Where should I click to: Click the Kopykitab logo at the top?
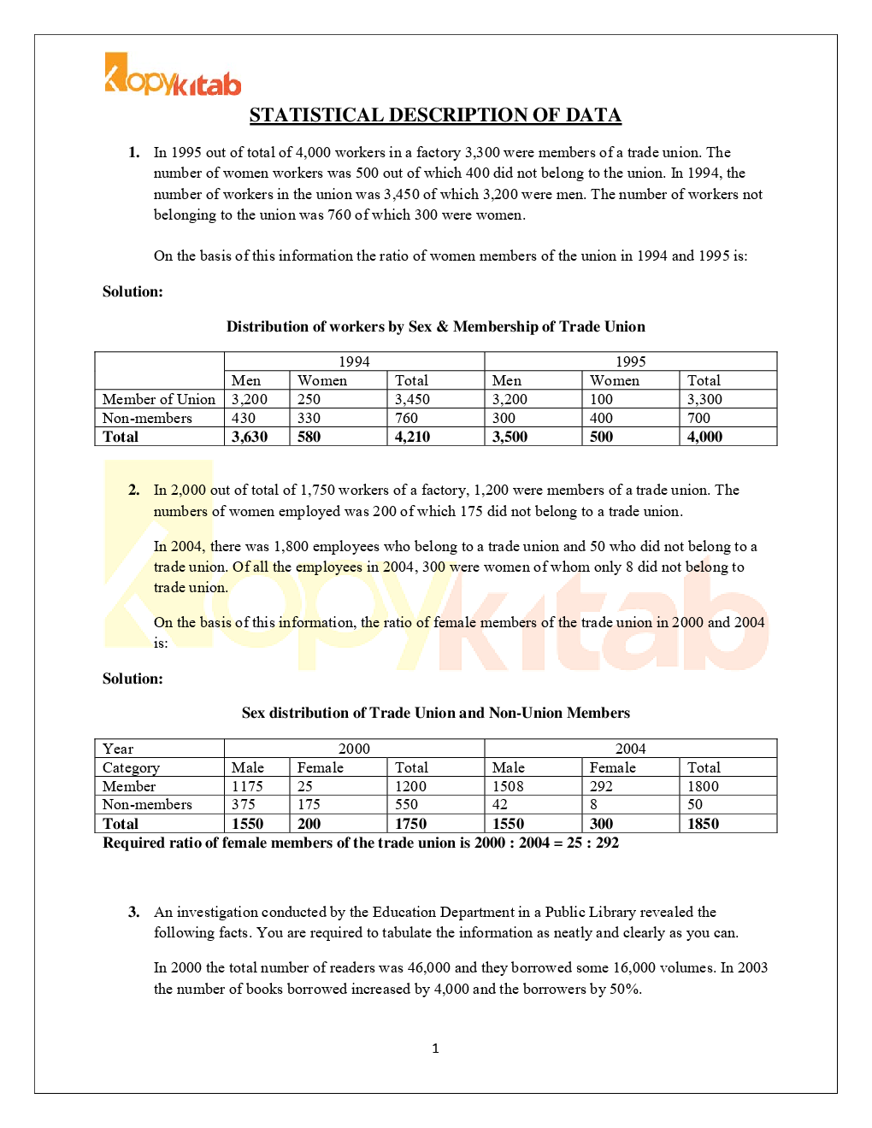tap(173, 75)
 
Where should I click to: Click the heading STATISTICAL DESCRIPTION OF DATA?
tap(435, 115)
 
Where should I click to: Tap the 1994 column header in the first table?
tap(354, 361)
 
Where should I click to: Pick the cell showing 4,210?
tap(412, 437)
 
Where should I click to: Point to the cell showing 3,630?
tap(250, 437)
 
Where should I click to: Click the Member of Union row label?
tap(159, 399)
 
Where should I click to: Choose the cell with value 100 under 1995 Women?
tap(601, 399)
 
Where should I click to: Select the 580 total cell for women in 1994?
tap(309, 437)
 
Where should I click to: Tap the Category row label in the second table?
tap(131, 767)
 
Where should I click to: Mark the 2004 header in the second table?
tap(630, 749)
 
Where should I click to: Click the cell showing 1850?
tap(703, 824)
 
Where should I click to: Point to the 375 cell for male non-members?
tap(244, 804)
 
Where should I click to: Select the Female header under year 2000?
tap(321, 767)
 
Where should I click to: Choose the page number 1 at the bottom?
tap(435, 1049)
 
